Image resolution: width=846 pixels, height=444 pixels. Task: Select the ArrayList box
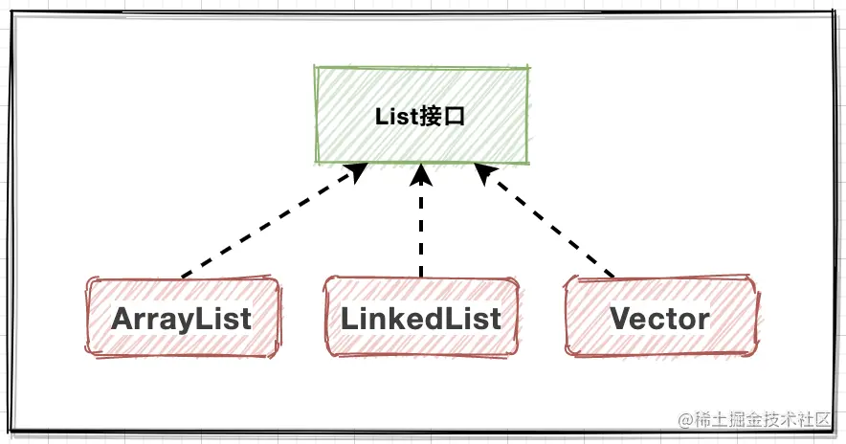click(x=182, y=318)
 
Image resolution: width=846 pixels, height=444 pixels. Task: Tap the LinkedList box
click(x=421, y=318)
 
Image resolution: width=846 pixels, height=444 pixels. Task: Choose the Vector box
click(x=660, y=318)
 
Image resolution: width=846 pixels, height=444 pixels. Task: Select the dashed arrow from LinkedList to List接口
click(x=421, y=230)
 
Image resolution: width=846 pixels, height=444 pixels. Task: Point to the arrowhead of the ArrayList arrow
click(x=357, y=172)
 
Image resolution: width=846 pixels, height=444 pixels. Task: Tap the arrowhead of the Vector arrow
click(x=485, y=173)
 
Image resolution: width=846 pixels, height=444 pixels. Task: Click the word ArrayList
click(x=182, y=319)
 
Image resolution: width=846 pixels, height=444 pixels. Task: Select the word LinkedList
click(x=421, y=319)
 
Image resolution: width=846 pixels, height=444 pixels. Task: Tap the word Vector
click(x=660, y=319)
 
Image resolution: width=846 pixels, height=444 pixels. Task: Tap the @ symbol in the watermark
click(x=685, y=420)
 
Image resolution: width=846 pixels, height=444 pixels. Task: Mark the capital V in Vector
click(x=620, y=319)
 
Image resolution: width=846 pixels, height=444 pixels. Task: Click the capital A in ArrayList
click(x=123, y=319)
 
